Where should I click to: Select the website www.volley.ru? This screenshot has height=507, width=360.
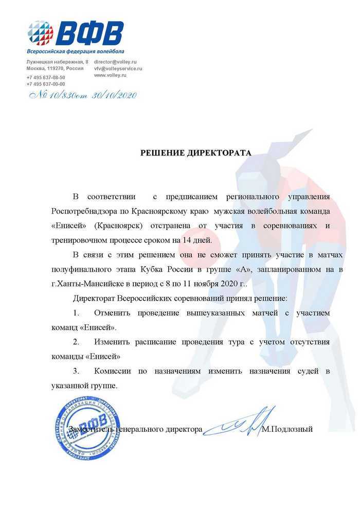click(x=110, y=75)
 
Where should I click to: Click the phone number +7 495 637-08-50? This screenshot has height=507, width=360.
click(x=46, y=77)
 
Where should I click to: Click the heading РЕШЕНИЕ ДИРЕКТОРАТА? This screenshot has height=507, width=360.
click(x=197, y=153)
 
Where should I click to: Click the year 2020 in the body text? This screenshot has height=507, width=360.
click(x=232, y=284)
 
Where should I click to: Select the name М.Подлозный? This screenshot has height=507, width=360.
click(x=287, y=429)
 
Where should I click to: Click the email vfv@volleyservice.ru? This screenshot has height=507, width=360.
click(x=118, y=68)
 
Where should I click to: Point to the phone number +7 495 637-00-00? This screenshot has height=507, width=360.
click(x=46, y=84)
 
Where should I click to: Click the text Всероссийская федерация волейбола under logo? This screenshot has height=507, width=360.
click(x=75, y=51)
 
